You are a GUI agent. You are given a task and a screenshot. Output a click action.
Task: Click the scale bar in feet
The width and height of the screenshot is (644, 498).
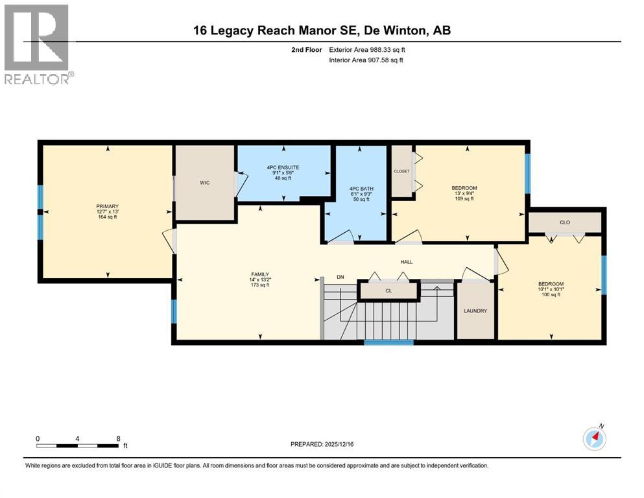[x=78, y=445]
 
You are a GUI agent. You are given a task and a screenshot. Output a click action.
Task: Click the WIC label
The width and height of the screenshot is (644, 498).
[x=205, y=183]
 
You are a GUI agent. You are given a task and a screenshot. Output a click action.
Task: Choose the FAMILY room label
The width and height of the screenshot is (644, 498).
[x=260, y=274]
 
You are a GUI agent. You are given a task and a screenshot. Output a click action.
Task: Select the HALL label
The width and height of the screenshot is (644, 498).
[x=407, y=262]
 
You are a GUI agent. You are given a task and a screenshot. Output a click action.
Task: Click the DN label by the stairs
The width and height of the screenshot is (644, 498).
[x=340, y=278]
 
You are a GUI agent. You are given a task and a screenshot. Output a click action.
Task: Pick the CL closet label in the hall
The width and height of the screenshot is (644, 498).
[x=388, y=291]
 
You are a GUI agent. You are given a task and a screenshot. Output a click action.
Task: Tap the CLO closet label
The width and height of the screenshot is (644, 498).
[x=564, y=222]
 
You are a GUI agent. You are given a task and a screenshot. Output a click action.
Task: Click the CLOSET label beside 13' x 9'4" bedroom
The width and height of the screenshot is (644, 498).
[x=401, y=171]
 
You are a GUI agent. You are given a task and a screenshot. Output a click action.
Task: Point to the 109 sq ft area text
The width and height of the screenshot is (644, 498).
[x=464, y=199]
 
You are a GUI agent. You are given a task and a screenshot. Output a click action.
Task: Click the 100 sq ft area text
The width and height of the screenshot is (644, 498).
[x=550, y=294]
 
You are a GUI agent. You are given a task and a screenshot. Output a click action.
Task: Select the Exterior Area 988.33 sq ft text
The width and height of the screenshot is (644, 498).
[x=368, y=49]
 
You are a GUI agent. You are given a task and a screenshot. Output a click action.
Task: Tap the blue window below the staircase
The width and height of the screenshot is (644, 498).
[x=388, y=342]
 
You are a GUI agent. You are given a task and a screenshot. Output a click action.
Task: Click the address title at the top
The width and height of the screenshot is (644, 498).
[x=322, y=30]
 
